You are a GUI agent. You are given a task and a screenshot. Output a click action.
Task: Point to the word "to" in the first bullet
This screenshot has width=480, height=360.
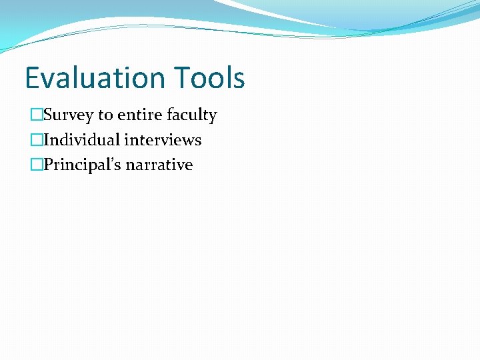tap(105, 115)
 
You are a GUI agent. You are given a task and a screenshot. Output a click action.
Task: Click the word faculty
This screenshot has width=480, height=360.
tap(191, 116)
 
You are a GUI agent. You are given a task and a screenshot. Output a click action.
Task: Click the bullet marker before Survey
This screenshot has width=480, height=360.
tap(35, 115)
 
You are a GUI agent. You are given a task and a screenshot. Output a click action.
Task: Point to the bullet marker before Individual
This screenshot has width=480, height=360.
tap(35, 140)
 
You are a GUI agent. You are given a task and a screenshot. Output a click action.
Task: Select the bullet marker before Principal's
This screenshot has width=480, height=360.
tap(35, 165)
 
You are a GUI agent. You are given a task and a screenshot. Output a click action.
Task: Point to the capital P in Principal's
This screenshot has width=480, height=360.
tap(48, 165)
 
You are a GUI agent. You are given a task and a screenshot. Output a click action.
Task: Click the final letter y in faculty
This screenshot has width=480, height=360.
tap(213, 117)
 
